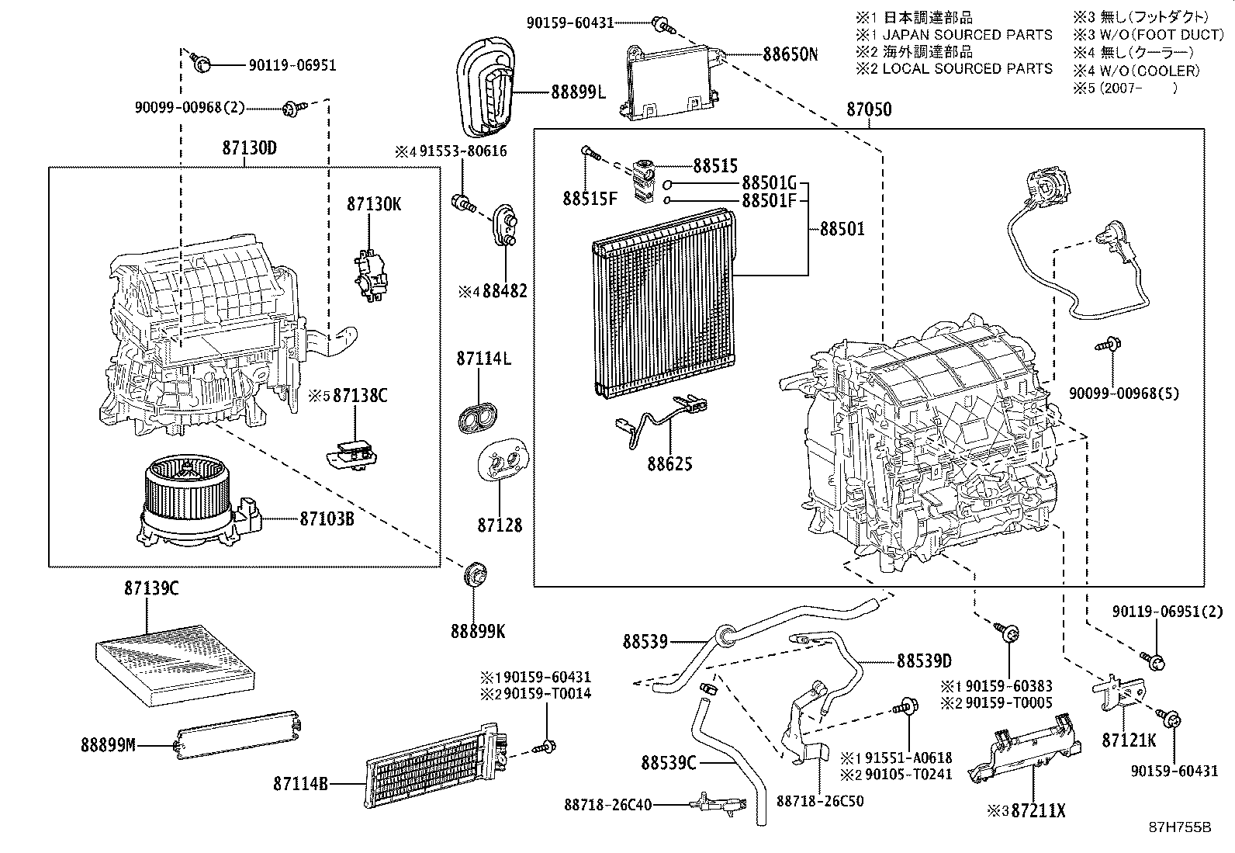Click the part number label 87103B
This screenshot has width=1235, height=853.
[x=327, y=518]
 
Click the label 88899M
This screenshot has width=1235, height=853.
[x=108, y=746]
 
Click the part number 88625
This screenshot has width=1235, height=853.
[x=670, y=464]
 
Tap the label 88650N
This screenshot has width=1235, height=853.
[x=790, y=54]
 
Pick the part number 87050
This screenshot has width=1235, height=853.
[x=869, y=111]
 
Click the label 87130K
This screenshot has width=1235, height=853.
[x=374, y=205]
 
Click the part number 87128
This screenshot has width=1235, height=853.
[x=500, y=525]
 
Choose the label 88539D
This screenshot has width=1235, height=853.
[x=924, y=661]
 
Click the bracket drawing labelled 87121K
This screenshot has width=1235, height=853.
[x=1123, y=692]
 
